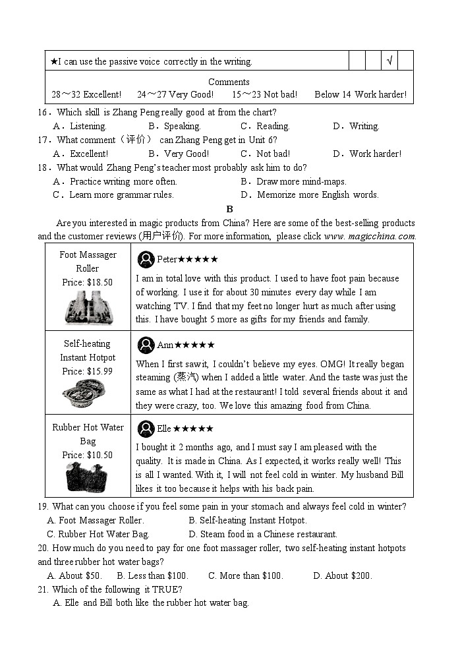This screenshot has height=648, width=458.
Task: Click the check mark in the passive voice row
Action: (x=389, y=61)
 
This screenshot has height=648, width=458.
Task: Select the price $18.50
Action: (x=88, y=282)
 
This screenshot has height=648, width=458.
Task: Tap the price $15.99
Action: (x=88, y=371)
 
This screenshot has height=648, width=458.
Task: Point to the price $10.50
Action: (x=88, y=455)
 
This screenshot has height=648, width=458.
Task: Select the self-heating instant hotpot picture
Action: (x=87, y=394)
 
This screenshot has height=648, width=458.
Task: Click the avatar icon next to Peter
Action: (x=146, y=259)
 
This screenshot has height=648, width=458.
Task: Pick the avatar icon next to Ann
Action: (x=146, y=345)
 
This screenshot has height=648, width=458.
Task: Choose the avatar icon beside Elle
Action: (x=146, y=428)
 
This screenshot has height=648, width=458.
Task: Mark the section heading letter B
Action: (x=229, y=209)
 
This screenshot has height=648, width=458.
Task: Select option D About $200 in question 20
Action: (x=342, y=575)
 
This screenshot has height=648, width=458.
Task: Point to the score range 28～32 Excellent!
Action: (x=86, y=94)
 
